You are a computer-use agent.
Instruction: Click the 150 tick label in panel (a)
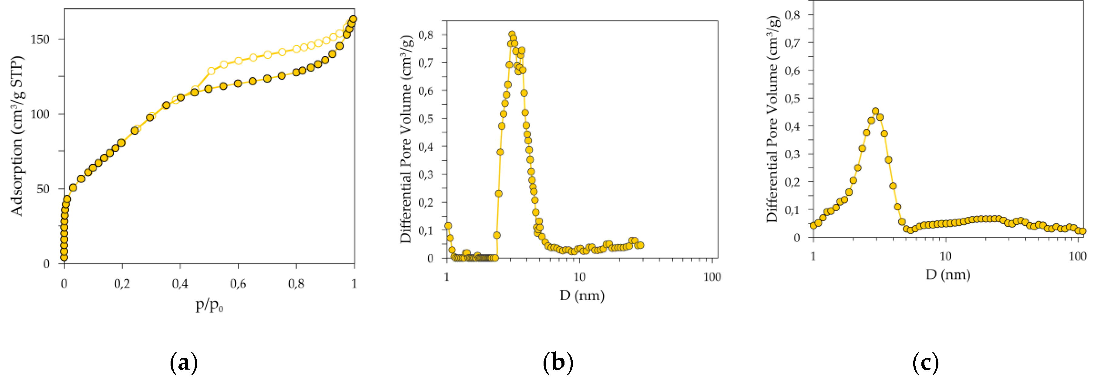click(x=40, y=39)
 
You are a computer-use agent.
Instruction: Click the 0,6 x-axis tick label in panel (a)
click(x=238, y=284)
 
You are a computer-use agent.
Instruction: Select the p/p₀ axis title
click(x=209, y=305)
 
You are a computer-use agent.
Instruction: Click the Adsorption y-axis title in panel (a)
click(x=17, y=136)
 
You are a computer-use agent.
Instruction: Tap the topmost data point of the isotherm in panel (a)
click(x=353, y=19)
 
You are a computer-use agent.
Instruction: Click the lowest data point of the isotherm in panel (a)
click(x=64, y=257)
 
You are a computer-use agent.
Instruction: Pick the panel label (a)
click(x=184, y=363)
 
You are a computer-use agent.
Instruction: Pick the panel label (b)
click(x=558, y=363)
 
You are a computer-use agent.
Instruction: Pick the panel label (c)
click(x=925, y=363)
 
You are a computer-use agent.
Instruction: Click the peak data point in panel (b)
click(x=512, y=34)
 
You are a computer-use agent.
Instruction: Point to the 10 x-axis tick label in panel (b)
click(x=579, y=277)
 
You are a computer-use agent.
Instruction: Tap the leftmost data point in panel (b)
click(x=448, y=226)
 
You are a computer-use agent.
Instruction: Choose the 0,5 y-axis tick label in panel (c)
click(x=792, y=98)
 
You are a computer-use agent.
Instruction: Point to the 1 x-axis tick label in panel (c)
click(x=813, y=256)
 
